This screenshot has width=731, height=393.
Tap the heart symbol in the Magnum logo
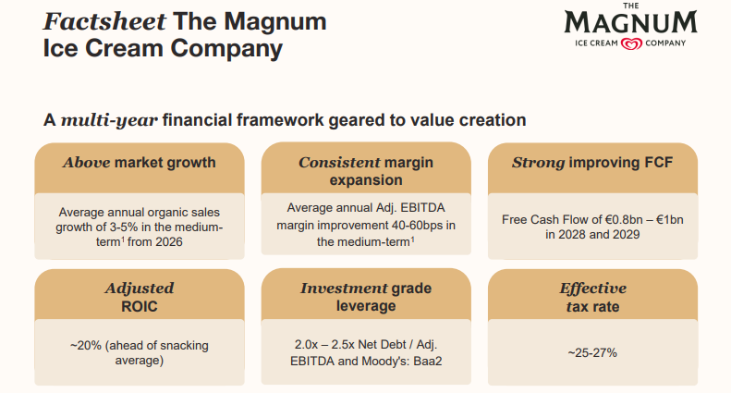click(x=631, y=43)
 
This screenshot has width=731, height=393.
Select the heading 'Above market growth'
click(x=140, y=163)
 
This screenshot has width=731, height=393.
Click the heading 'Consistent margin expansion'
click(x=367, y=171)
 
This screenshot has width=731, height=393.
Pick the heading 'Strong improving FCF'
click(x=592, y=163)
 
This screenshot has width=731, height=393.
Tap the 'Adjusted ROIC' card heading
click(x=140, y=297)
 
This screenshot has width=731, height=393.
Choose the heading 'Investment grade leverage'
click(x=367, y=297)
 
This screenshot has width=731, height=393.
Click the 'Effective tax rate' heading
click(x=592, y=297)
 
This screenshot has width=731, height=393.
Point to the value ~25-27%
click(x=592, y=352)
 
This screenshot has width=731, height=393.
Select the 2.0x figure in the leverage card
click(x=296, y=345)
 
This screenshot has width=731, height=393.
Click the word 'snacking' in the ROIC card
click(x=183, y=345)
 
